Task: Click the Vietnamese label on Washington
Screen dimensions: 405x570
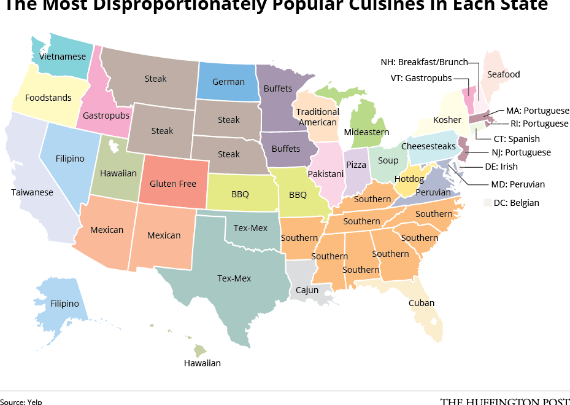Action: click(x=63, y=57)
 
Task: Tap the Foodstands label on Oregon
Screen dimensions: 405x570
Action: click(x=48, y=98)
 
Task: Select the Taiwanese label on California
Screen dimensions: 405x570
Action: click(x=32, y=192)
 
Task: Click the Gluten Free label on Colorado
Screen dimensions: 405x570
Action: click(x=173, y=184)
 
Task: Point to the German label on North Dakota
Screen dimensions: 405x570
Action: click(x=228, y=82)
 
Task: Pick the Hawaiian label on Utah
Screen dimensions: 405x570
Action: click(x=118, y=173)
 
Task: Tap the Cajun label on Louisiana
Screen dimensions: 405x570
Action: click(x=307, y=289)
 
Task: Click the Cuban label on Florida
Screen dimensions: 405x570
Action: click(x=422, y=303)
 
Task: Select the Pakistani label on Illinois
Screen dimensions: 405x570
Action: click(x=326, y=175)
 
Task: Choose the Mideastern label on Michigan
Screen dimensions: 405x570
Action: click(x=366, y=132)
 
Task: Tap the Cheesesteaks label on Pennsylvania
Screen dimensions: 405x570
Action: click(x=428, y=146)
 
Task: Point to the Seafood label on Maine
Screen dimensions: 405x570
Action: click(x=503, y=74)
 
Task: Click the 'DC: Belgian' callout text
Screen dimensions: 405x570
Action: click(x=516, y=203)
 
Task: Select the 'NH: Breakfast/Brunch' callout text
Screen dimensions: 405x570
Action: click(x=424, y=62)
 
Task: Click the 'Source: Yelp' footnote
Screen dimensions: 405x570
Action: click(x=21, y=401)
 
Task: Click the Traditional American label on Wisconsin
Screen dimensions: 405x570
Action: click(x=317, y=117)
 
